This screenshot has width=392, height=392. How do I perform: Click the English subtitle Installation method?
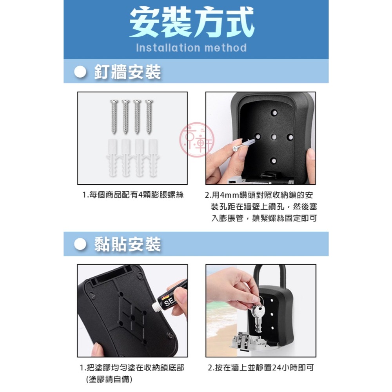click(x=191, y=48)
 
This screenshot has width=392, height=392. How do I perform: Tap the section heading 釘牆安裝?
click(x=127, y=72)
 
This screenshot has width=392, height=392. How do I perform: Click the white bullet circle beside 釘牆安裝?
click(x=80, y=72)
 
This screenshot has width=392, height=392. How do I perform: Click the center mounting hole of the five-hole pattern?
click(x=274, y=137)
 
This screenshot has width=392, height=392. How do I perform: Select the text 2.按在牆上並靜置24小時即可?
click(x=261, y=368)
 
